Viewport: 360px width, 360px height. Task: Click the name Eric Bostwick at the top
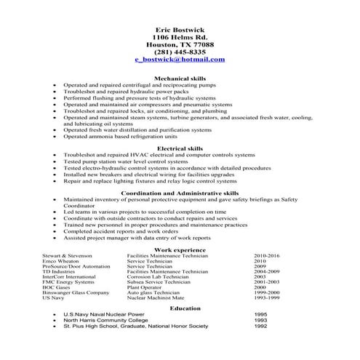point(180,28)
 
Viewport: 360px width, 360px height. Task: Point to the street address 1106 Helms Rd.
point(180,36)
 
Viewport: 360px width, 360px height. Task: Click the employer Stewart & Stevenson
point(69,256)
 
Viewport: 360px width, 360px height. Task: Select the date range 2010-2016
point(267,256)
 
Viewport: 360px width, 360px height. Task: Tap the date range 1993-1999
point(267,297)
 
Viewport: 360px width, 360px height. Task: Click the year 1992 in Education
point(260,327)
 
